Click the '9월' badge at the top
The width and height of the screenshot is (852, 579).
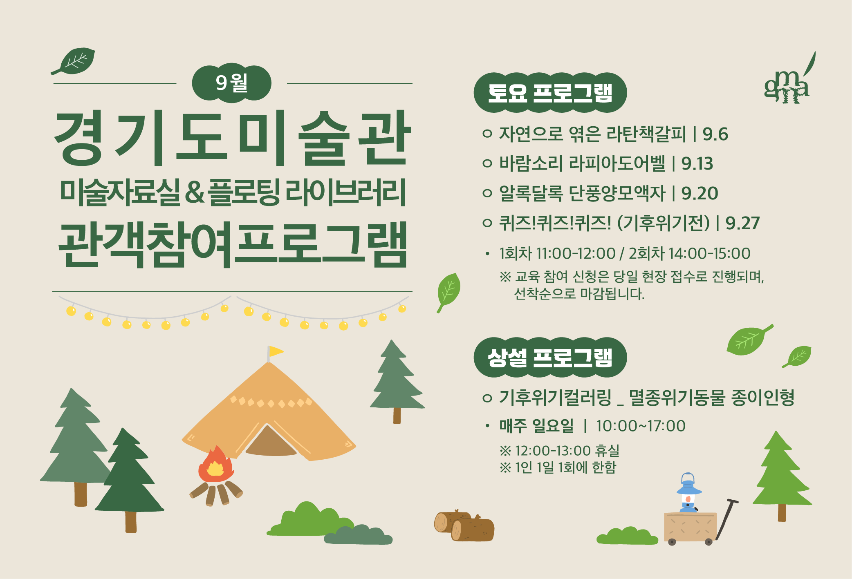231,83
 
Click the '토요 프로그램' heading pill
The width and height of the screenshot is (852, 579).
550,93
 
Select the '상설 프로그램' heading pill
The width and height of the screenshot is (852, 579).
550,357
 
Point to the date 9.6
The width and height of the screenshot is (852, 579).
715,134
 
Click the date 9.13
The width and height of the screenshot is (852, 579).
697,163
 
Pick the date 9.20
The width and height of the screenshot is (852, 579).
700,193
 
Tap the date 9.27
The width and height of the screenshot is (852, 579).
742,223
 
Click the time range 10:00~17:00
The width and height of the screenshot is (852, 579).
640,426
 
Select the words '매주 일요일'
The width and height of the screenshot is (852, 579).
536,426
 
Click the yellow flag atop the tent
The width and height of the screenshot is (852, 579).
276,351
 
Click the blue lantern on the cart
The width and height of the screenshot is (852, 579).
689,492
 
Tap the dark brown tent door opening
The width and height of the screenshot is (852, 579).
270,443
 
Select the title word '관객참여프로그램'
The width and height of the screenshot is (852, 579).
233,244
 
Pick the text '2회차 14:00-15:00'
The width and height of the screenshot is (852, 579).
689,253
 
